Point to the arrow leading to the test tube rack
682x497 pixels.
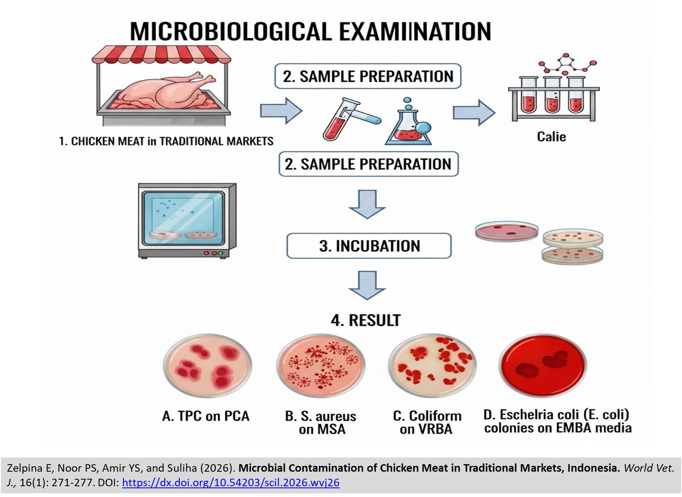pos(473,112)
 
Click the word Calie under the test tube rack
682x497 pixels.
pos(551,137)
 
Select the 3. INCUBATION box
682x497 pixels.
pos(369,246)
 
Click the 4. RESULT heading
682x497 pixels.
pos(366,320)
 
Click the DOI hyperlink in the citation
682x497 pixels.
pos(231,482)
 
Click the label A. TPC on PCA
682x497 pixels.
pos(206,416)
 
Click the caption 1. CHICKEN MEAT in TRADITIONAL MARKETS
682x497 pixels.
pos(166,142)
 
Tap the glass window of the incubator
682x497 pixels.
pos(183,218)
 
